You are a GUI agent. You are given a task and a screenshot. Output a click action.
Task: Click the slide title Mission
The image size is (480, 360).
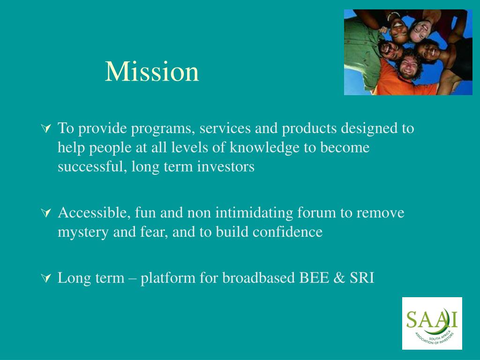pos(152,71)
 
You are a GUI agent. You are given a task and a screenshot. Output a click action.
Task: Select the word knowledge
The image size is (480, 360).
pos(264,147)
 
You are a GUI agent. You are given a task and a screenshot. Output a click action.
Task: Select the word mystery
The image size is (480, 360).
pos(83,232)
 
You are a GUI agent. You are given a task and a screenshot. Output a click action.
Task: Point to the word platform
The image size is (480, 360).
pos(168,278)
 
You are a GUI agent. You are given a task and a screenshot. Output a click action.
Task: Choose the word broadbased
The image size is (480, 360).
pos(258,277)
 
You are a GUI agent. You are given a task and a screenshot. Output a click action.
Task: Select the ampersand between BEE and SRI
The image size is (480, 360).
pos(339,278)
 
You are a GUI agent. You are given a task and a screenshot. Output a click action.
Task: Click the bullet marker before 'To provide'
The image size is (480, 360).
pos(46,128)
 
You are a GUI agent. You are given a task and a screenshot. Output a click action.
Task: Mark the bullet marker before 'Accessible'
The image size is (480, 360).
pos(46,212)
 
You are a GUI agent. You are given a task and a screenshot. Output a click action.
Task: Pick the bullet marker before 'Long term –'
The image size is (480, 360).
pos(46,278)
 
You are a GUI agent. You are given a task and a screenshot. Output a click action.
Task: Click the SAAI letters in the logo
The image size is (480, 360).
pos(432,320)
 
